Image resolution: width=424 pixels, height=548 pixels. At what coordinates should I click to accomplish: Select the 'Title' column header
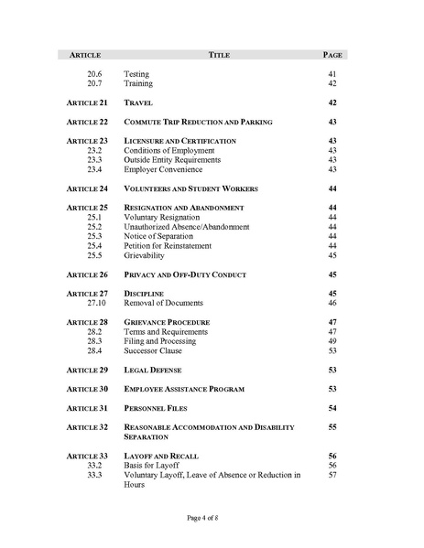pos(219,55)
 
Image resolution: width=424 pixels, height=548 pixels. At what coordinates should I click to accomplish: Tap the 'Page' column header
pos(332,55)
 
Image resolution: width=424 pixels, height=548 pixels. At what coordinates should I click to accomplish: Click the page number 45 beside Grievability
pos(332,255)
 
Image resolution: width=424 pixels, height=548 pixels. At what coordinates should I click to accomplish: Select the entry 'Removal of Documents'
pos(167,303)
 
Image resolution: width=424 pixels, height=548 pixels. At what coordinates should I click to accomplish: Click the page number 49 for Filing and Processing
pos(332,341)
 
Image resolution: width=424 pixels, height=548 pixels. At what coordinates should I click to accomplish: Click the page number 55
pos(332,427)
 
